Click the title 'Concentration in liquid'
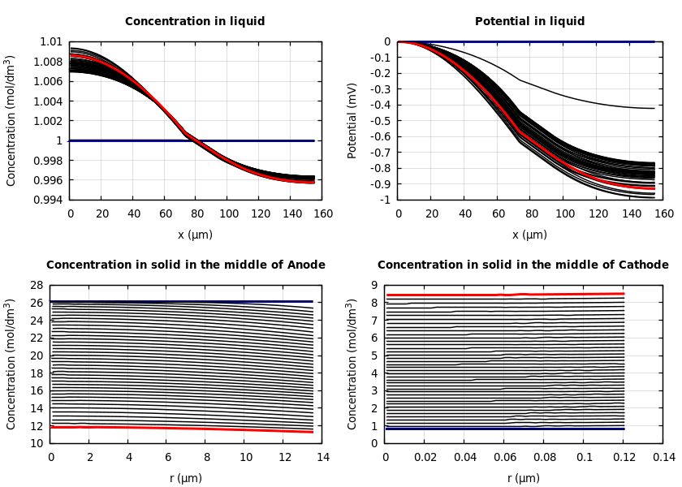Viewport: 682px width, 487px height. click(195, 22)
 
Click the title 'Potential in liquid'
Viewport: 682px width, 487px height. click(529, 22)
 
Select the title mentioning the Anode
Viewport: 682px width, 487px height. click(185, 265)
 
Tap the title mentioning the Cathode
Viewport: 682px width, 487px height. click(523, 265)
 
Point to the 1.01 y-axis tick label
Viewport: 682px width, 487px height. click(50, 42)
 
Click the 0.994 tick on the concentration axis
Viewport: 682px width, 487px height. click(47, 200)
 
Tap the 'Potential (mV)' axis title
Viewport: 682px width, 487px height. click(352, 120)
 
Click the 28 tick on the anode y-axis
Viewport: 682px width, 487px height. click(36, 286)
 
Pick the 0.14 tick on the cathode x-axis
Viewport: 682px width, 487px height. click(663, 458)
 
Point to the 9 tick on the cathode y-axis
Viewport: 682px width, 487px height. click(375, 286)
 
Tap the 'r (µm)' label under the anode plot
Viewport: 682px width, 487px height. click(185, 478)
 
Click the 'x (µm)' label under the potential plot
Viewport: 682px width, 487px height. click(529, 235)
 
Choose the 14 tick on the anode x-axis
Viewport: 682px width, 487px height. click(322, 458)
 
